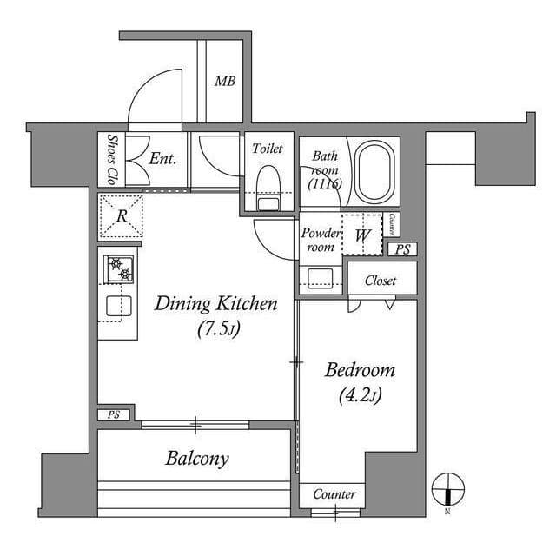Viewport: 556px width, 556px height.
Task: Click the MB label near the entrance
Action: point(225,83)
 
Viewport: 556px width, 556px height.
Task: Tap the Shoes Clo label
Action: point(112,159)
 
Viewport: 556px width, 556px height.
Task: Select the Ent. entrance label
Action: point(162,159)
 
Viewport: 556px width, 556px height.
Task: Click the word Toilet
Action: point(268,149)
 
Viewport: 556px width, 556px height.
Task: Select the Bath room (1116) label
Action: point(325,170)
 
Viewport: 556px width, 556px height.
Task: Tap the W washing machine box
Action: point(363,235)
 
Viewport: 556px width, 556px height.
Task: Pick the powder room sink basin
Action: point(320,278)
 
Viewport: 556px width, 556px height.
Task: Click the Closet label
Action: point(381,281)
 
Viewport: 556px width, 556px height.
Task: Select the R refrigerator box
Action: point(122,215)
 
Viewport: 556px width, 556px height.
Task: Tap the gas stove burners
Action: point(121,269)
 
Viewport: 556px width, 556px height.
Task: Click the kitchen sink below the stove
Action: point(119,305)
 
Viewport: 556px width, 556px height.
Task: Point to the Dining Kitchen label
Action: point(215,303)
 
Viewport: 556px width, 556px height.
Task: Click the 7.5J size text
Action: point(215,331)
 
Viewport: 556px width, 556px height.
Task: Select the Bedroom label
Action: point(360,370)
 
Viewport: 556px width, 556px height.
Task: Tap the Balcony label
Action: point(197,459)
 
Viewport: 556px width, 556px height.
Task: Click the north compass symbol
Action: point(448,488)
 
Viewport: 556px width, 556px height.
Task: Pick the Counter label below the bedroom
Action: point(334,494)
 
